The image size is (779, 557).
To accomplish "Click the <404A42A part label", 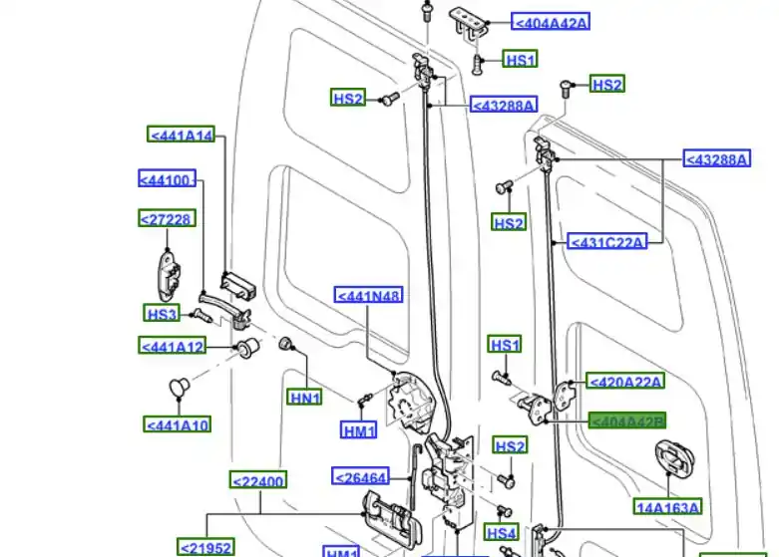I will click(x=551, y=21).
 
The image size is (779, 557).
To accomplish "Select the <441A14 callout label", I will click(x=182, y=136).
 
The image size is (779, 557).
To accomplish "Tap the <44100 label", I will click(x=166, y=179).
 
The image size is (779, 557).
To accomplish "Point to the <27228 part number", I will click(x=166, y=218).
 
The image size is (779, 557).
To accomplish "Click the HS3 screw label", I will click(x=163, y=314).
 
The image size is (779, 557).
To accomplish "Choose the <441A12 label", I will click(x=173, y=346).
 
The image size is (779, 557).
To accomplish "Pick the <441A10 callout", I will click(x=178, y=424).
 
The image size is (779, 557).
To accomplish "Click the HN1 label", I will click(x=305, y=398).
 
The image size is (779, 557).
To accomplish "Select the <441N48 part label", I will click(x=369, y=296).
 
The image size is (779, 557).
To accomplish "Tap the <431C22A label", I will click(x=606, y=241).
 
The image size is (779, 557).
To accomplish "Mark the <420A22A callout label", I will click(x=626, y=381).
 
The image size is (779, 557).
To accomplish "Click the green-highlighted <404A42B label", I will click(x=627, y=421).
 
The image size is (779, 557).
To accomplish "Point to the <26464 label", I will click(x=360, y=477).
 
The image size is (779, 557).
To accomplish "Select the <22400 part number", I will click(x=258, y=481).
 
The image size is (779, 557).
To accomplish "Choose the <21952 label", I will click(x=205, y=547).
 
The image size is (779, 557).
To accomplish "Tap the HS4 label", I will click(x=502, y=533).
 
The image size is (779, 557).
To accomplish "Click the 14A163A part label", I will click(x=668, y=506).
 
